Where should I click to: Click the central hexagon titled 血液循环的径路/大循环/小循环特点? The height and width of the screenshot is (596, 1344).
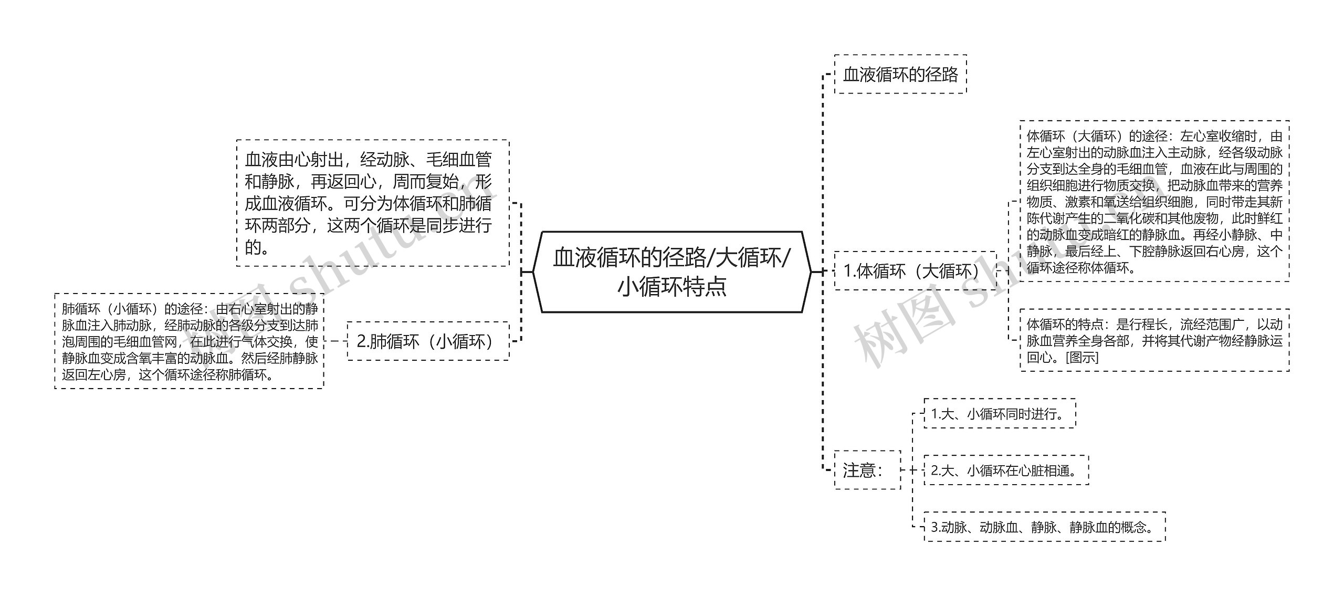click(x=671, y=272)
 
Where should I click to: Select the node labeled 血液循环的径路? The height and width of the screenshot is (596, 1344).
click(x=900, y=75)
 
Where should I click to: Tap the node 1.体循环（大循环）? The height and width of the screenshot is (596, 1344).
click(x=915, y=271)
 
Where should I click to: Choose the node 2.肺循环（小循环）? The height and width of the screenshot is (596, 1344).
click(x=428, y=341)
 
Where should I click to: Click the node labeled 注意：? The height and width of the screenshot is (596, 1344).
click(x=867, y=470)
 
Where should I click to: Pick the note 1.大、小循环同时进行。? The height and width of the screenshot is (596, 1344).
click(x=999, y=414)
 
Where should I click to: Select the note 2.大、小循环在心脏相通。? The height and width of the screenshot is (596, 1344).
click(x=1006, y=470)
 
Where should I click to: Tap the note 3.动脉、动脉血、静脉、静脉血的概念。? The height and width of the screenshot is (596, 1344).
click(x=1044, y=527)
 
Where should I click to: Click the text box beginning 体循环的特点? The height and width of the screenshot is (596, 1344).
click(x=1154, y=340)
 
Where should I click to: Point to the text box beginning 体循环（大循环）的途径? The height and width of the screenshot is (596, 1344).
click(x=1154, y=202)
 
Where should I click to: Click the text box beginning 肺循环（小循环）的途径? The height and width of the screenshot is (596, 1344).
click(x=190, y=341)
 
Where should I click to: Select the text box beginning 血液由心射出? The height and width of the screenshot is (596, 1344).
click(x=372, y=203)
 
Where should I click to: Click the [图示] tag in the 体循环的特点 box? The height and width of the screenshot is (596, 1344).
click(x=1082, y=358)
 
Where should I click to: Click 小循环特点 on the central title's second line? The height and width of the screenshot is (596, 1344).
click(x=671, y=287)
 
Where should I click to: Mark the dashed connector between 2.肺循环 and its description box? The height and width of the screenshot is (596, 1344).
click(x=335, y=341)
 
